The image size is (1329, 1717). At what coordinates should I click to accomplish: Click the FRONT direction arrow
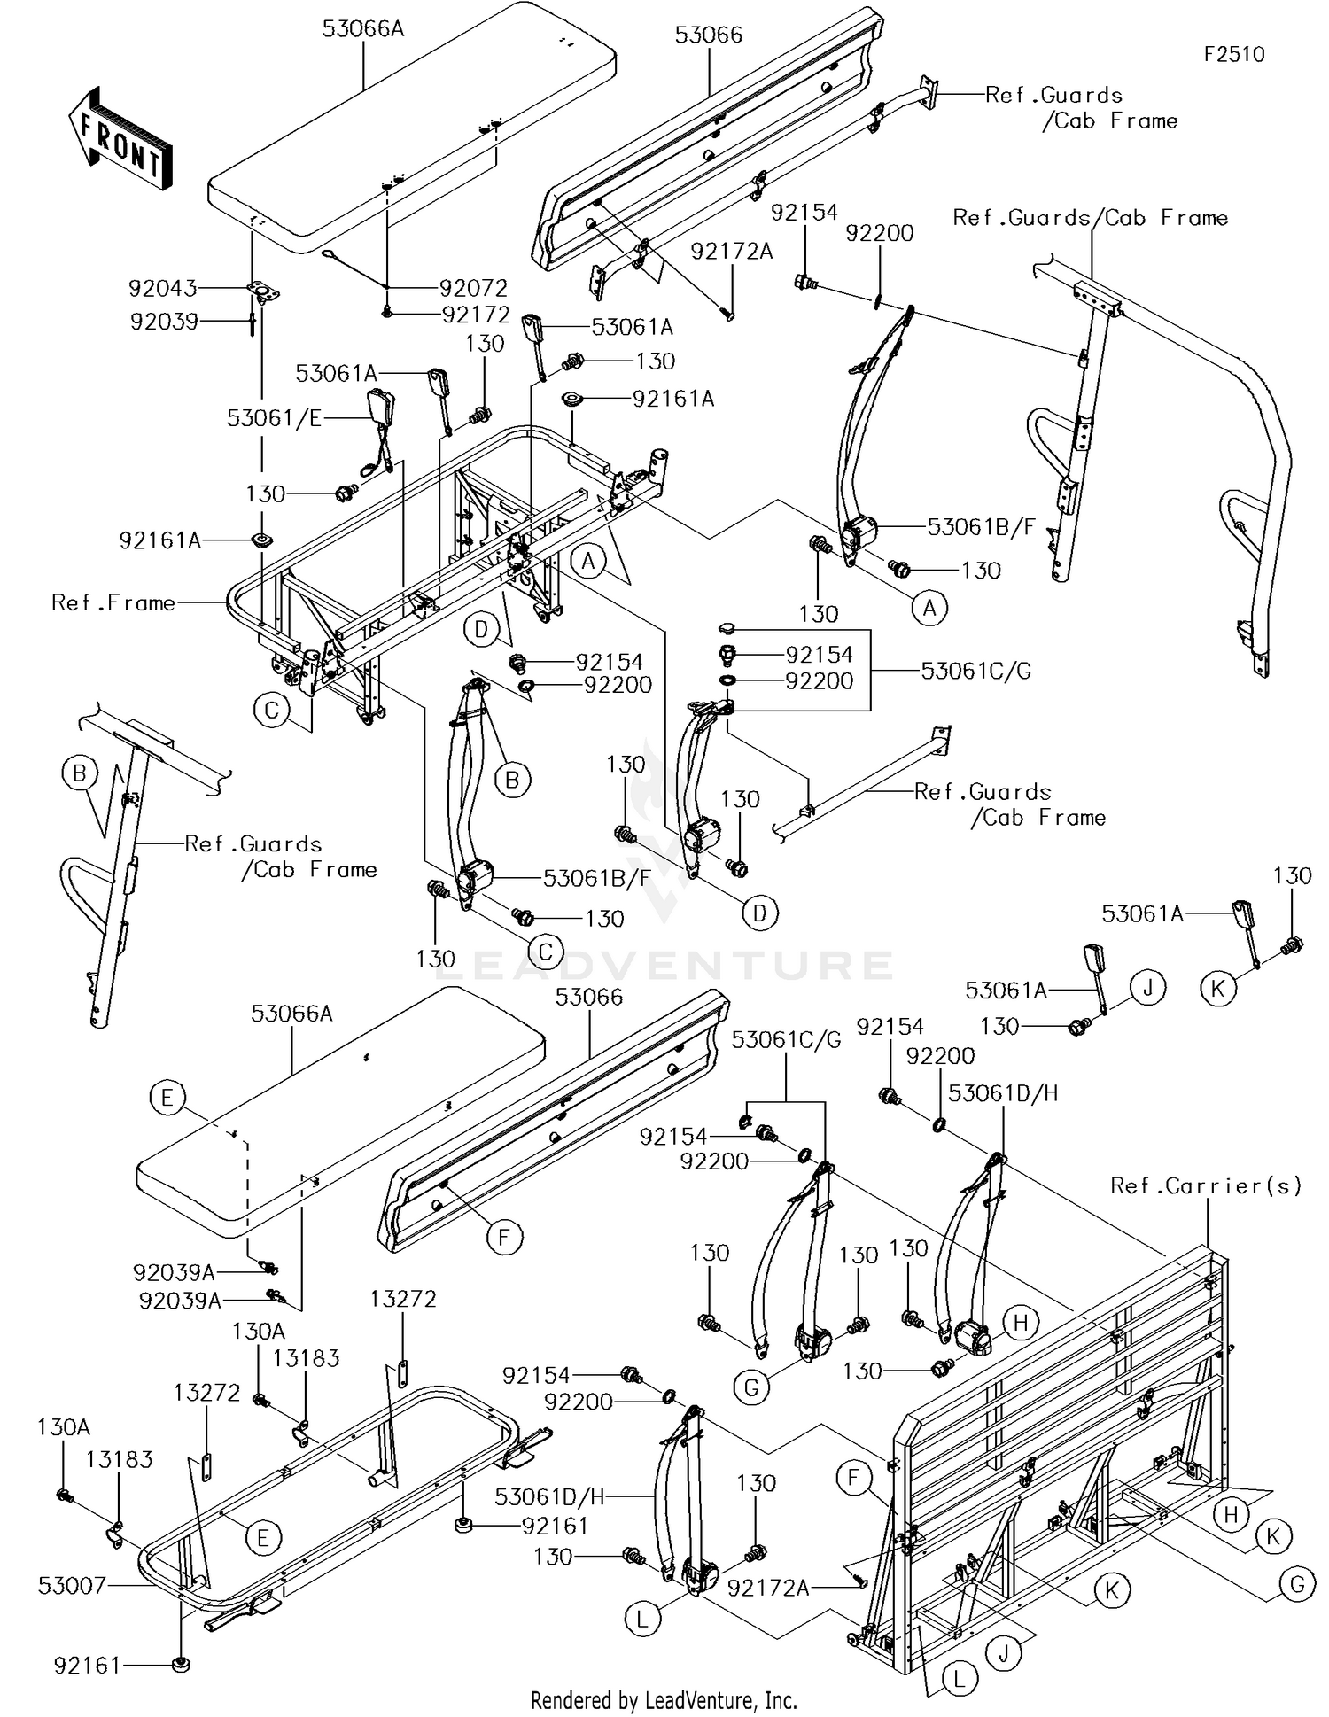pyautogui.click(x=120, y=139)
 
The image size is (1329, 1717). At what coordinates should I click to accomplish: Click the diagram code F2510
pyautogui.click(x=1233, y=54)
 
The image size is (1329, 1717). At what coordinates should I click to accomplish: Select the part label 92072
pyautogui.click(x=474, y=288)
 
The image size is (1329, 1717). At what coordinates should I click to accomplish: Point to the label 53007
pyautogui.click(x=72, y=1585)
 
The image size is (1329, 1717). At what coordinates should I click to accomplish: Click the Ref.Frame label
pyautogui.click(x=113, y=602)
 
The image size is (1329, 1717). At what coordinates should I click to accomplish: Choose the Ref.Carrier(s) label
pyautogui.click(x=1206, y=1185)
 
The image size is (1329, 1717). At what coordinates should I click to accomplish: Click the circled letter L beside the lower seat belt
pyautogui.click(x=642, y=1620)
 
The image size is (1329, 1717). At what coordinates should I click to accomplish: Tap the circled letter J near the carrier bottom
pyautogui.click(x=1004, y=1653)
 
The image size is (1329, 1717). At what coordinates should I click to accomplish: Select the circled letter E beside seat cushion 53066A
pyautogui.click(x=167, y=1099)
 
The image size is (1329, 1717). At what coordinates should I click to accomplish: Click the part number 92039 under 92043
pyautogui.click(x=164, y=321)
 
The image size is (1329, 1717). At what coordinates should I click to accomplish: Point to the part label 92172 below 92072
pyautogui.click(x=476, y=315)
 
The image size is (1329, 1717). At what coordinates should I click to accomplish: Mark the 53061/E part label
pyautogui.click(x=274, y=418)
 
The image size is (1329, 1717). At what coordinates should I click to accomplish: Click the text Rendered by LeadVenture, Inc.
pyautogui.click(x=664, y=1700)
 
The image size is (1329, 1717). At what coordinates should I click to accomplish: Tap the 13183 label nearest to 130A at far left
pyautogui.click(x=120, y=1459)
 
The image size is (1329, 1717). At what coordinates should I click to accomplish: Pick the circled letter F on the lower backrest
pyautogui.click(x=504, y=1237)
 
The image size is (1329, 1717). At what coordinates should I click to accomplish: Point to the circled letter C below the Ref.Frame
pyautogui.click(x=272, y=710)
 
